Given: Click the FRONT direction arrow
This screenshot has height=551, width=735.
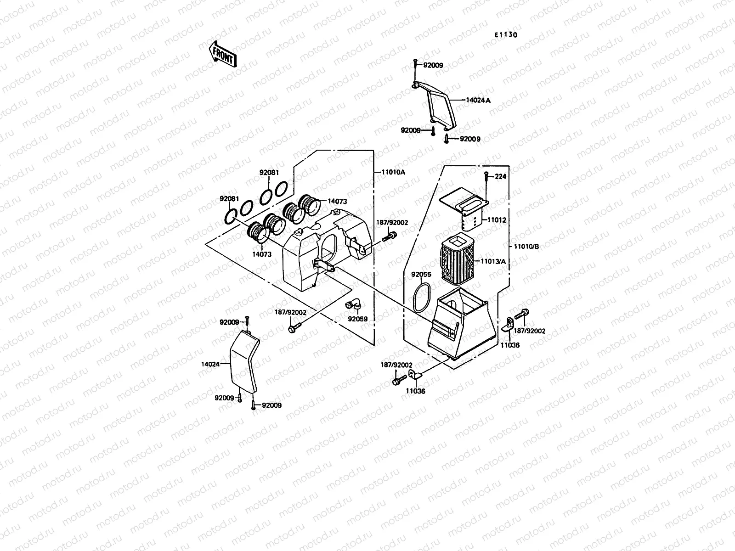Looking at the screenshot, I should coord(222,54).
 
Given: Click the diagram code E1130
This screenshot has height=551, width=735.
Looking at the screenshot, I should coord(506,35).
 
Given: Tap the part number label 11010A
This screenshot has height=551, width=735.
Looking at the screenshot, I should coord(393,172).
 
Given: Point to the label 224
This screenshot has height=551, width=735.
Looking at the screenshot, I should coord(500,176).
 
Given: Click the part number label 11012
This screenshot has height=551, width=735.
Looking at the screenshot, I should coord(497,220).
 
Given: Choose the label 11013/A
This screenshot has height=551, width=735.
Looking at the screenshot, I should coord(493,261).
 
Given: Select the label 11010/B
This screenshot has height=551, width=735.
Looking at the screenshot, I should coord(526,247).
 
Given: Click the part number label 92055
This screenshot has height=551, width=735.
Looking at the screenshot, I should coord(421,275).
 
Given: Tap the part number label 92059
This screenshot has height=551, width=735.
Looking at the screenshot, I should coord(357,319).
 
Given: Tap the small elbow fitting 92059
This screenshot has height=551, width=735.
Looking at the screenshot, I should coord(353,305).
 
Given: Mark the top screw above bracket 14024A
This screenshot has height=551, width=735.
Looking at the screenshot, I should coord(415,65).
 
